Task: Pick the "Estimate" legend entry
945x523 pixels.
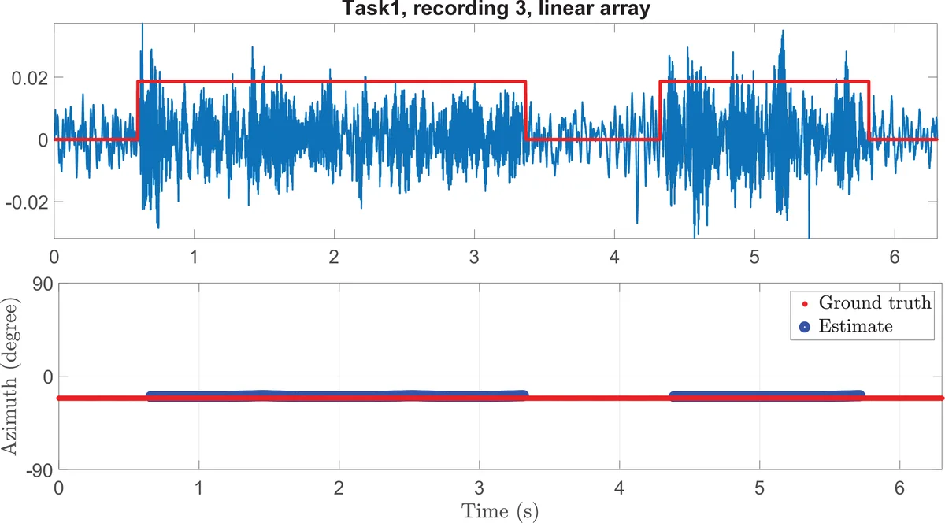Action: click(855, 326)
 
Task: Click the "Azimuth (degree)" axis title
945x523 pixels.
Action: click(11, 376)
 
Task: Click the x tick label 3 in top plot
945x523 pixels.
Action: click(474, 257)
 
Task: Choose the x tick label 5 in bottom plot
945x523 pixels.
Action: click(759, 488)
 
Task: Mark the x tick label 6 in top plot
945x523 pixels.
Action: click(895, 257)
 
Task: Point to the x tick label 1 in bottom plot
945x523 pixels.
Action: click(198, 488)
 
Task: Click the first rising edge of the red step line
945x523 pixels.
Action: click(138, 110)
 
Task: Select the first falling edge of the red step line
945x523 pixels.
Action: click(525, 110)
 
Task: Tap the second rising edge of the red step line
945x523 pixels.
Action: click(659, 110)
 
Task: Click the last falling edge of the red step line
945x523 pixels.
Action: click(869, 110)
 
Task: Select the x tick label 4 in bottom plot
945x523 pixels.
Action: click(619, 488)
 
